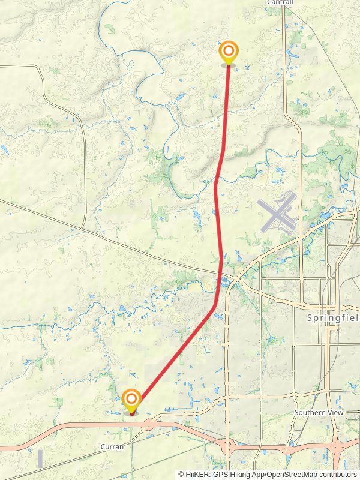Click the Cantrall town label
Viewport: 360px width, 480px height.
(x=280, y=3)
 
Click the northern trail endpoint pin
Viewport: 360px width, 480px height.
(x=228, y=52)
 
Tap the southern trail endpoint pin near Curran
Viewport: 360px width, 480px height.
(x=131, y=400)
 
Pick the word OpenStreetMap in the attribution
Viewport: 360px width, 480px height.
(x=289, y=475)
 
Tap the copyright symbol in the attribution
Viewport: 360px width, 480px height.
(x=181, y=475)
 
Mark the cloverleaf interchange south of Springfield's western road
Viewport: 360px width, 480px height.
(x=228, y=446)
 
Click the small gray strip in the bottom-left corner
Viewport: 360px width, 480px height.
(x=40, y=459)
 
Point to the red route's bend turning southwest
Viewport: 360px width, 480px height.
(x=215, y=307)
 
